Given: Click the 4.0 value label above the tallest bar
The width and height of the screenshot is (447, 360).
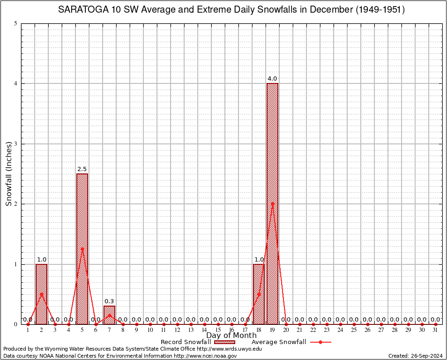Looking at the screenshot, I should click(272, 78).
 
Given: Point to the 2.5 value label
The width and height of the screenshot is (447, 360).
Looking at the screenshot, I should click(82, 169).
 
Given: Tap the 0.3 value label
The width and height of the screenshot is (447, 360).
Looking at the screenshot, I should click(109, 301).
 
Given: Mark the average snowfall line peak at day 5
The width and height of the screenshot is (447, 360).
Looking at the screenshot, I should click(82, 249).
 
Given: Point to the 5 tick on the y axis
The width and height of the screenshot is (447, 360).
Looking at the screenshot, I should click(16, 23).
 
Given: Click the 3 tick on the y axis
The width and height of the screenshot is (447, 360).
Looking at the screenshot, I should click(16, 144).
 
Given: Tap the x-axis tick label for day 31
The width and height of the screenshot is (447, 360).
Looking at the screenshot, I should click(435, 330).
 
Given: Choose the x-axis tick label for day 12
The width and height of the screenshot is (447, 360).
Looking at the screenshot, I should click(177, 330).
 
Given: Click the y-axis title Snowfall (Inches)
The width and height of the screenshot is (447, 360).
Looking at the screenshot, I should click(9, 174).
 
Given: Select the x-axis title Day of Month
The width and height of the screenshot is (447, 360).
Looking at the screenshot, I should click(231, 335).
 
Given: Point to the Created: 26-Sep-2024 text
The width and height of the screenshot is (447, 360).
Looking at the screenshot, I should click(415, 356).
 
